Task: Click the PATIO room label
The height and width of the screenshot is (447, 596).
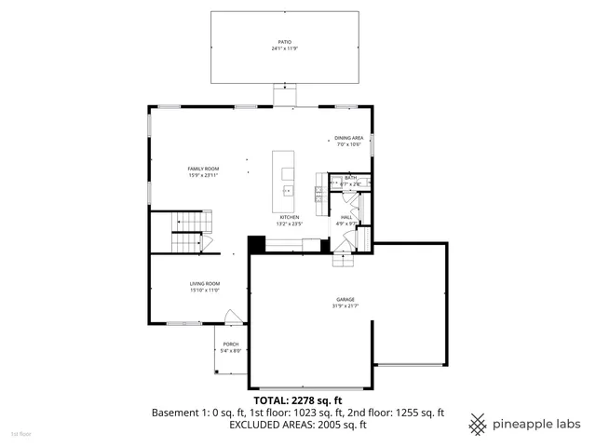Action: pos(285,43)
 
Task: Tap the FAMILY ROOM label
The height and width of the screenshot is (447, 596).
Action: pos(203,169)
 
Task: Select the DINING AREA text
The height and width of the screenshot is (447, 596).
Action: pos(348,138)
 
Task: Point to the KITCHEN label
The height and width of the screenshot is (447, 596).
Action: pos(289,217)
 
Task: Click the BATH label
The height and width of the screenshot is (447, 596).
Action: pos(350,178)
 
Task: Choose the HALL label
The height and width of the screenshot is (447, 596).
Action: pos(345,217)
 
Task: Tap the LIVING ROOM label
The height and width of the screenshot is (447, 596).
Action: pos(204,283)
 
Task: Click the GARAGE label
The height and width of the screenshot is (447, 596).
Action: pos(345,300)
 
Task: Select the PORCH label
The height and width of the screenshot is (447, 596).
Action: pos(230,344)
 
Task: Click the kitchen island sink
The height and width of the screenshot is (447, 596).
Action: pos(287,191)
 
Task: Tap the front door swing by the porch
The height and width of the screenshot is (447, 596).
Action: pos(236,317)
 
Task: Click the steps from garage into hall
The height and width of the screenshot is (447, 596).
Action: pos(345,261)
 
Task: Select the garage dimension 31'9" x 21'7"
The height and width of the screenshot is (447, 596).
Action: pos(345,305)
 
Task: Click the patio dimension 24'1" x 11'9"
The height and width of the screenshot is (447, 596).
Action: pos(285,48)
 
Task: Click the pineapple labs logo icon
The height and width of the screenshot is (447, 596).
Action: pos(478,423)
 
